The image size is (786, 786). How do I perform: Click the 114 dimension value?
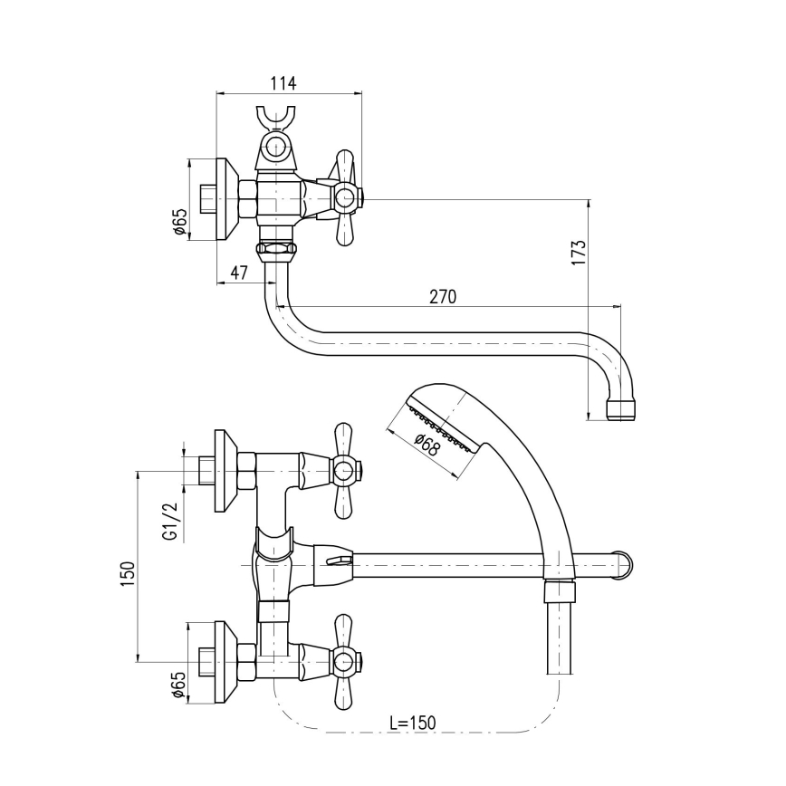pyautogui.click(x=283, y=83)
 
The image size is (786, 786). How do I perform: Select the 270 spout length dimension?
pyautogui.click(x=442, y=296)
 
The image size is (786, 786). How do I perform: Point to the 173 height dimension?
pyautogui.click(x=580, y=251)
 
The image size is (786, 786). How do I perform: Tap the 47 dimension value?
pyautogui.click(x=239, y=273)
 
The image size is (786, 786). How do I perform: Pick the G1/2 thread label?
pyautogui.click(x=169, y=522)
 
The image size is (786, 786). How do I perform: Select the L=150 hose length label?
pyautogui.click(x=411, y=723)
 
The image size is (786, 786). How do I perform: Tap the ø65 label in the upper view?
pyautogui.click(x=179, y=223)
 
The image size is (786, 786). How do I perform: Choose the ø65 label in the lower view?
pyautogui.click(x=178, y=687)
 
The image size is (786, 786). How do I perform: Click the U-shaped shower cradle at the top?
pyautogui.click(x=274, y=120)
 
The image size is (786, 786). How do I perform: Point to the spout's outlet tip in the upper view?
pyautogui.click(x=620, y=410)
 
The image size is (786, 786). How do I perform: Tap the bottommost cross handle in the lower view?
pyautogui.click(x=343, y=663)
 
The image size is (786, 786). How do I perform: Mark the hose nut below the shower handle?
pyautogui.click(x=560, y=593)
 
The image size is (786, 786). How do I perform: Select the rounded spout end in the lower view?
pyautogui.click(x=623, y=565)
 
